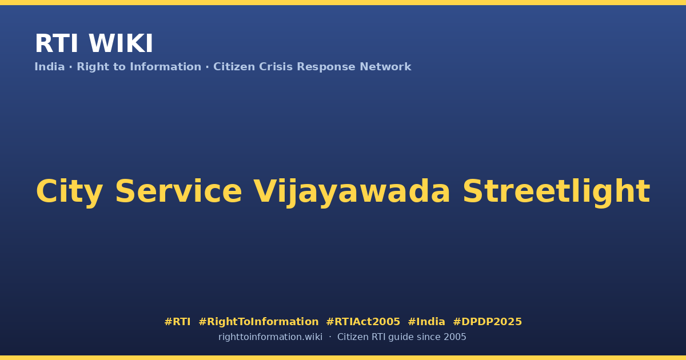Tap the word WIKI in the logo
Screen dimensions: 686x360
coord(121,44)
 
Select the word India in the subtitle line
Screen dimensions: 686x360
coord(50,67)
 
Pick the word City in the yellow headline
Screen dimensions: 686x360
coord(70,192)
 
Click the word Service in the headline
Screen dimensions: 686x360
coord(179,191)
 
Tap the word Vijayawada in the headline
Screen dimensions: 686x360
coord(352,192)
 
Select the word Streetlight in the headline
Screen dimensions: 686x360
coord(556,192)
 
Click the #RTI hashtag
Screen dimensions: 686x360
coord(177,322)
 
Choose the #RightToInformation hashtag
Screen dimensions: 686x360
coord(258,322)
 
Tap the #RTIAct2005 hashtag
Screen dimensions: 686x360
coord(363,322)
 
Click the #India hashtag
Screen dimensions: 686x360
coord(426,322)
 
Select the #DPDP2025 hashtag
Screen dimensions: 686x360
coord(487,322)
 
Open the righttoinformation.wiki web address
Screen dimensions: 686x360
coord(270,337)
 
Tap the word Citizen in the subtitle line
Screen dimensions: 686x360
coord(234,67)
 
